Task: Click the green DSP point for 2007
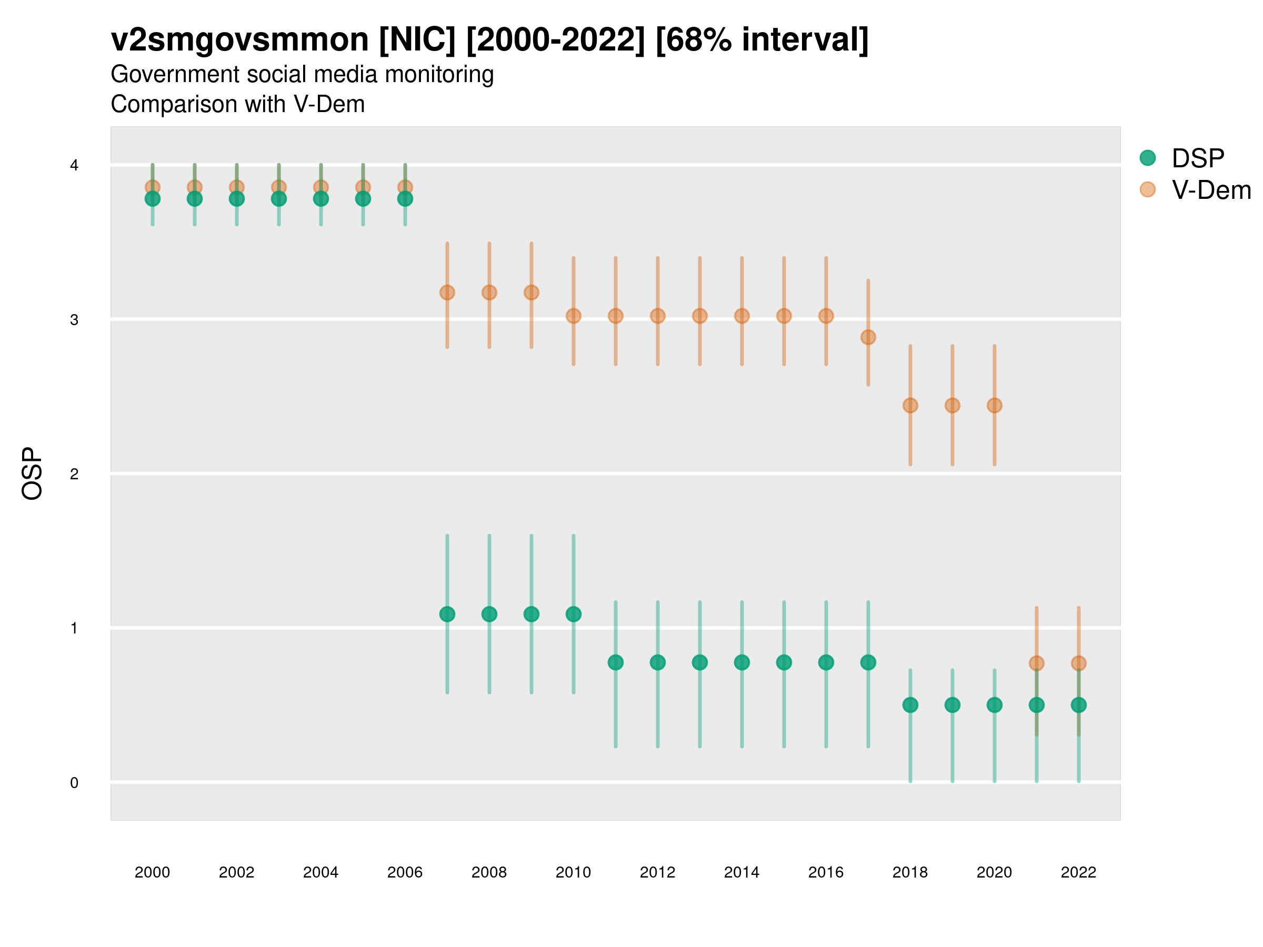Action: pos(447,614)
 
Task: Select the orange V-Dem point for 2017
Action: pos(868,337)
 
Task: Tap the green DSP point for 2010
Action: pos(573,614)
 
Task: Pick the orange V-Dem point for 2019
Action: pos(953,405)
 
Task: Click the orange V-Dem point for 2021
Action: pos(1036,663)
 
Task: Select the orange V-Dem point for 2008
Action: pos(489,293)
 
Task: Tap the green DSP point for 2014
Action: pos(741,662)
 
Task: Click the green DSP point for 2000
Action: pos(153,199)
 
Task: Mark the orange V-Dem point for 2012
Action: pos(658,316)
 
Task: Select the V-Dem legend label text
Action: pos(1211,190)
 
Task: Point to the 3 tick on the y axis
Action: pos(74,320)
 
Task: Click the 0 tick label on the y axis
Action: pos(74,783)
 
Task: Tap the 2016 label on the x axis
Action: pos(826,872)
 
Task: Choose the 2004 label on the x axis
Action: pos(320,872)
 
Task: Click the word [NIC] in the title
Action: pos(417,40)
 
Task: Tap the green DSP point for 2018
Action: pos(910,705)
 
